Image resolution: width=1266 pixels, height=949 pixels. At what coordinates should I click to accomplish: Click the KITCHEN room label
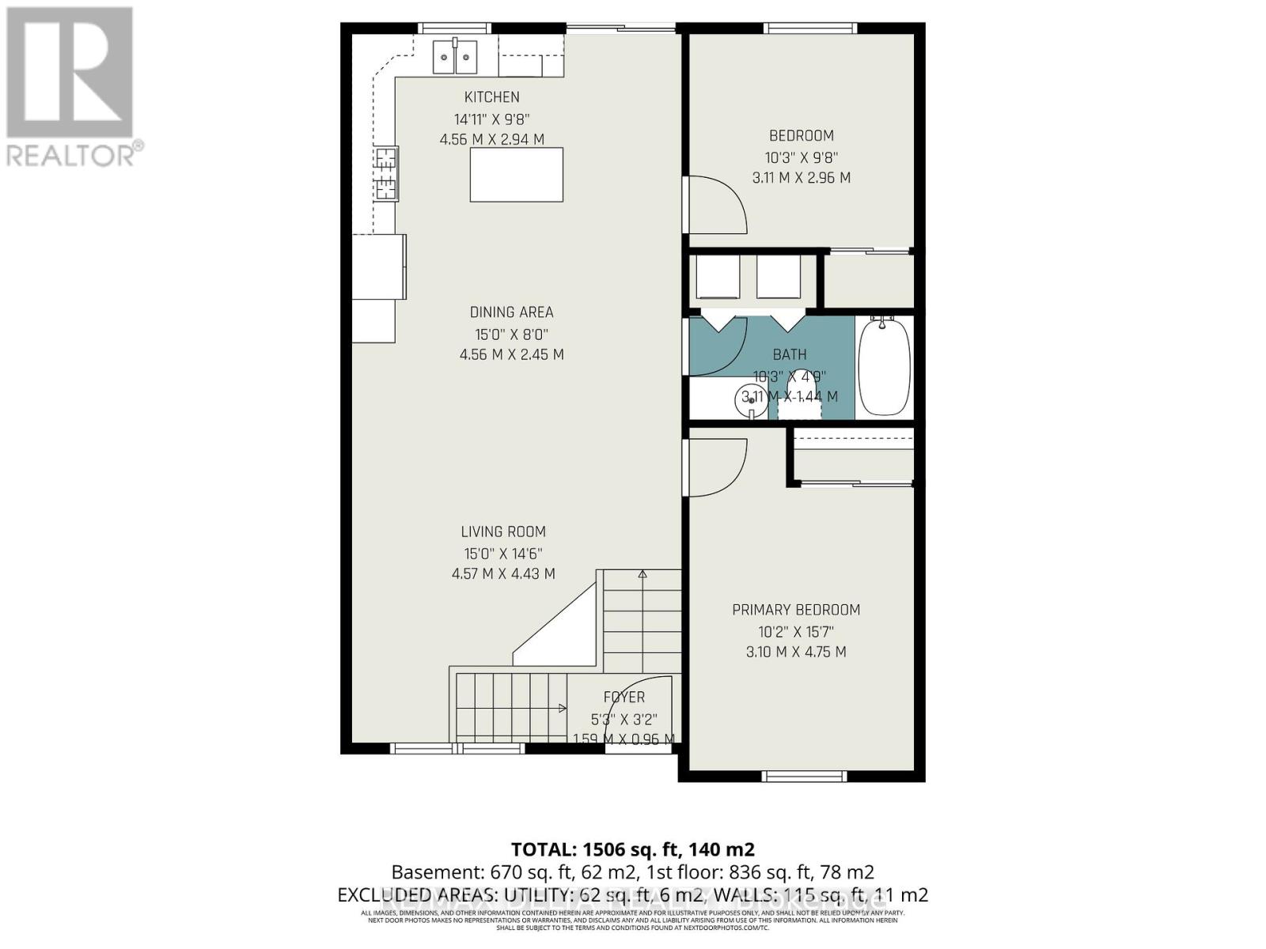(491, 97)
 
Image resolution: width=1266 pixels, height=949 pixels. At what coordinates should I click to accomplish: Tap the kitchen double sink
(455, 56)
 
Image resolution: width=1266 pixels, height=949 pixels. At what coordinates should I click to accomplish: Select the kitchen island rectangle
(517, 175)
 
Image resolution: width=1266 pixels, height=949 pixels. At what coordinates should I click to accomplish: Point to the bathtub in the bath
(884, 367)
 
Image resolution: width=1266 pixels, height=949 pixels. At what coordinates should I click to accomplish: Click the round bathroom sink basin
(750, 400)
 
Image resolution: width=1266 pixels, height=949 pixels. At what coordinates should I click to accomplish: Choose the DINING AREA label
(511, 312)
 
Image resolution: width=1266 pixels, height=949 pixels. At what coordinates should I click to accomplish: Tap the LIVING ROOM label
(503, 532)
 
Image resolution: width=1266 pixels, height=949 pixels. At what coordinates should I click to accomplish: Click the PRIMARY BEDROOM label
(796, 610)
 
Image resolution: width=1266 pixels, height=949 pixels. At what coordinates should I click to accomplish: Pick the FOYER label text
(624, 698)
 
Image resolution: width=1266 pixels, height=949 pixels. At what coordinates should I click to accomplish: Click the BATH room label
(790, 355)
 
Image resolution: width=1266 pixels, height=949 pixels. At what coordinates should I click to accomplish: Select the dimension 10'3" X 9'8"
(802, 157)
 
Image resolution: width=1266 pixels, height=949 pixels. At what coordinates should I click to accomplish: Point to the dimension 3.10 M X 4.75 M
(796, 652)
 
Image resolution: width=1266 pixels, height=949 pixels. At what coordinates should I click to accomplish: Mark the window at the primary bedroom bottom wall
(804, 776)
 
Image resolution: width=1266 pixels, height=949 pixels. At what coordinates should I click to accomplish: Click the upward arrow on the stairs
(642, 575)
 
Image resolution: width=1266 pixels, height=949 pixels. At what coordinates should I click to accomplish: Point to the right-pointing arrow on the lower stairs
(562, 709)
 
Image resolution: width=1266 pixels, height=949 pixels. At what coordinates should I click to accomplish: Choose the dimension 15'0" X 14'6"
(503, 554)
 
